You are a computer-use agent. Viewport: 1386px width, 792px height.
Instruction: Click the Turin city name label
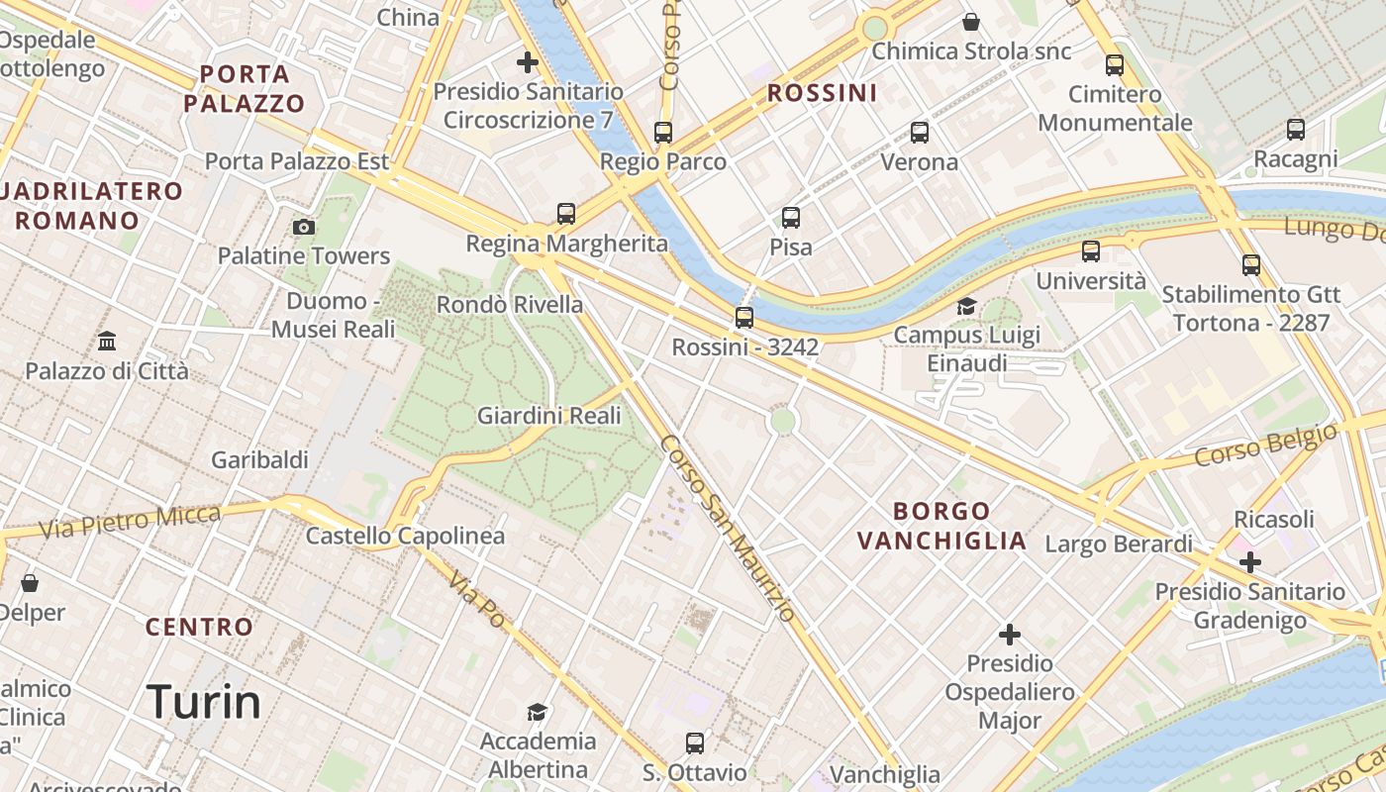(x=204, y=702)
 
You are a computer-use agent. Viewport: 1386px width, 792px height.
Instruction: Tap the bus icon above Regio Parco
(x=663, y=132)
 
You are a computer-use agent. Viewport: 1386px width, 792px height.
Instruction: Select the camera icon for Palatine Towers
(x=304, y=228)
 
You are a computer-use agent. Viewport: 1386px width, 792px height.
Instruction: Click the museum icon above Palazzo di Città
(x=107, y=342)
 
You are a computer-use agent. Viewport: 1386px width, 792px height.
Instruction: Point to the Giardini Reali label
(x=549, y=416)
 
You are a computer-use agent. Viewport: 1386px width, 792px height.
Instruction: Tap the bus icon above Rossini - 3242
(x=744, y=318)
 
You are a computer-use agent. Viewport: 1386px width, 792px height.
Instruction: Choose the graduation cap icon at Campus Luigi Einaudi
(x=966, y=307)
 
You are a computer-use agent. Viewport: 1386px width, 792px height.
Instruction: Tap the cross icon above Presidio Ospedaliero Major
(x=1010, y=634)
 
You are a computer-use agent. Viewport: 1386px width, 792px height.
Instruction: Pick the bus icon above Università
(x=1091, y=251)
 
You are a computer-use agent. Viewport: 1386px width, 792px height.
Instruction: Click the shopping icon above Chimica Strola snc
(x=971, y=22)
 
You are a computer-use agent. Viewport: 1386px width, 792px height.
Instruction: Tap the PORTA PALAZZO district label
(x=245, y=88)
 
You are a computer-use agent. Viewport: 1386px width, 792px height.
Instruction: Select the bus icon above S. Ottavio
(x=695, y=742)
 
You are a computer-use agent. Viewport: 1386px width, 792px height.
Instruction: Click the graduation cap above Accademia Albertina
(x=538, y=712)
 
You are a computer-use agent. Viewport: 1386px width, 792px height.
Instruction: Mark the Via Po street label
(x=477, y=599)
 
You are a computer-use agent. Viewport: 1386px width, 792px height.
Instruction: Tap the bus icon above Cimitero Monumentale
(x=1115, y=65)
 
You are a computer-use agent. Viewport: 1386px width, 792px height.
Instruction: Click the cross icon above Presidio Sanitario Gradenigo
(x=1250, y=562)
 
